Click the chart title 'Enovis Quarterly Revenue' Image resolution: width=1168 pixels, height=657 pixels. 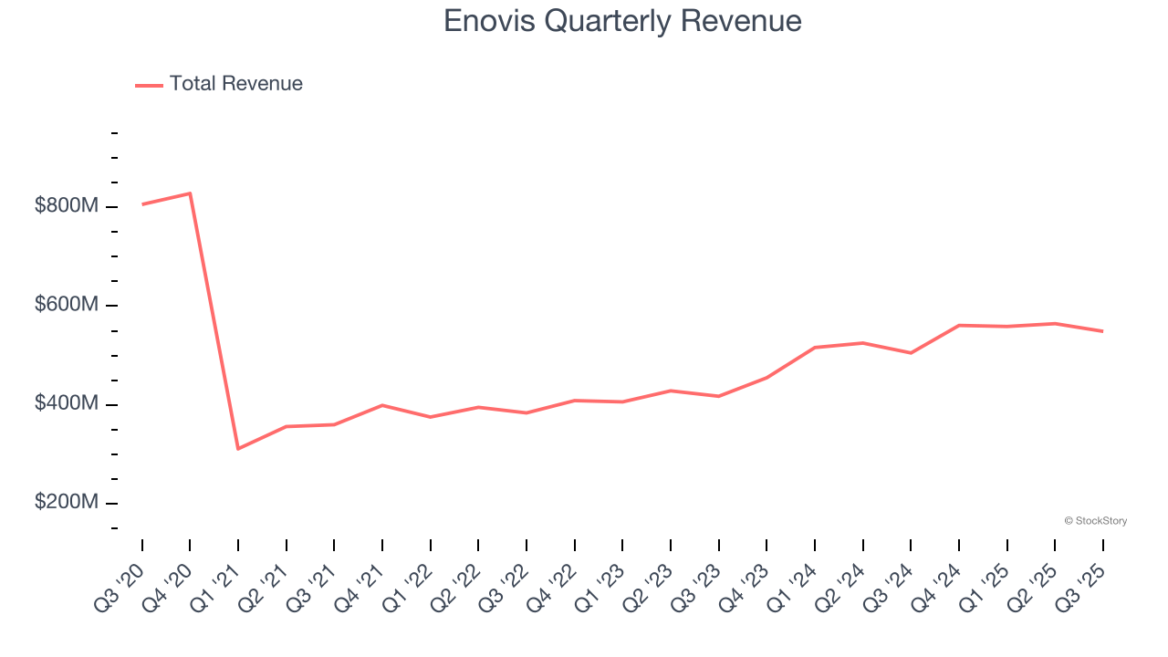tap(622, 21)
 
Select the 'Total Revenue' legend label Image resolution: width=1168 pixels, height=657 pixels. tap(235, 84)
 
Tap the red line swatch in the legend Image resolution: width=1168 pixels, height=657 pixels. tap(149, 85)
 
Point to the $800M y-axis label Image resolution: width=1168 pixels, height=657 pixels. tap(66, 206)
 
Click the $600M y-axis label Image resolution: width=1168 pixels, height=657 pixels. tap(66, 305)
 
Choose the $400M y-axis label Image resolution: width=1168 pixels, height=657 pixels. tap(66, 403)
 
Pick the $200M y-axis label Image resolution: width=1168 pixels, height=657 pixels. tap(66, 503)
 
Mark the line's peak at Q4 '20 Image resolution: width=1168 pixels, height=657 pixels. tap(190, 193)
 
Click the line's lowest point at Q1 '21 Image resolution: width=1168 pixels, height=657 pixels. tap(238, 449)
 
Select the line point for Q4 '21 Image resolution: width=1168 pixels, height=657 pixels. tap(382, 405)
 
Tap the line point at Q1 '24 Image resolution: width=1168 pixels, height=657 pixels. tap(815, 348)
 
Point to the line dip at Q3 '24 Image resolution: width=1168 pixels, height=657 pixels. tap(911, 353)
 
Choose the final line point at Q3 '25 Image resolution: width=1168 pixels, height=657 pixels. tap(1102, 331)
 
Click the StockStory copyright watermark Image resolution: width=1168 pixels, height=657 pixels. tap(1095, 521)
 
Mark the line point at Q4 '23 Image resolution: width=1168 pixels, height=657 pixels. tap(766, 378)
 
